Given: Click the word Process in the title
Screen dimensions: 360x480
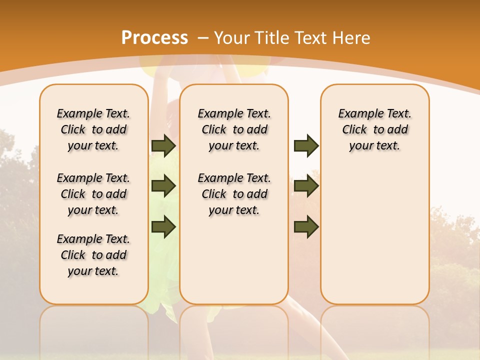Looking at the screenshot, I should point(154,38).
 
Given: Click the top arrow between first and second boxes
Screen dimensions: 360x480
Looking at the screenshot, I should point(163,145).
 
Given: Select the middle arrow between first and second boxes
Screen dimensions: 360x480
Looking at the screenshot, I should point(163,186).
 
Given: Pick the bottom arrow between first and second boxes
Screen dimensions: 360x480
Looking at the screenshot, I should point(163,227).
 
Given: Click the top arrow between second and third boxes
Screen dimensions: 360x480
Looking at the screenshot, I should point(306,145).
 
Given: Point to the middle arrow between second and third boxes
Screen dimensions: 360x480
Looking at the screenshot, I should point(306,186).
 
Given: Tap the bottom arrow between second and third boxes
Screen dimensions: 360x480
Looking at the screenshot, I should point(306,227).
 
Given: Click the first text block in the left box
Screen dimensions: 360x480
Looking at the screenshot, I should point(93,129).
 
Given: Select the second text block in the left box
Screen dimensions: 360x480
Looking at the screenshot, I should point(93,194).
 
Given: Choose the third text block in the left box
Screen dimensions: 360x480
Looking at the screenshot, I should point(93,255).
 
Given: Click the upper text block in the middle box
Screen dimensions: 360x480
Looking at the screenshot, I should point(234,129).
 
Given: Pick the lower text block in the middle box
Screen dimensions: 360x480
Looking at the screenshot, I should point(234,194).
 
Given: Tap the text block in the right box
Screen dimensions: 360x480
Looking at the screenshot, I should point(375,129).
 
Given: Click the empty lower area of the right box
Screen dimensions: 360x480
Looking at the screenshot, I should point(375,235).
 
